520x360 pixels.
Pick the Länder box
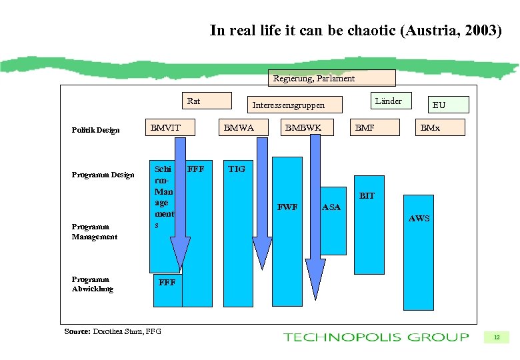pyautogui.click(x=389, y=101)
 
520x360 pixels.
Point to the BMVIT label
pyautogui.click(x=165, y=127)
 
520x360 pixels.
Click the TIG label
pyautogui.click(x=237, y=169)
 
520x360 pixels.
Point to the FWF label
pyautogui.click(x=287, y=207)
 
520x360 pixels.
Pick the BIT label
pyautogui.click(x=367, y=196)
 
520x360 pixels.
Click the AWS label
pyautogui.click(x=419, y=219)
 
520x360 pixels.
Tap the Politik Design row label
pyautogui.click(x=95, y=130)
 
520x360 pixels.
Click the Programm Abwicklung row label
pyautogui.click(x=93, y=284)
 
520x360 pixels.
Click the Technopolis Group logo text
pyautogui.click(x=375, y=337)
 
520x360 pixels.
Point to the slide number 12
pyautogui.click(x=497, y=337)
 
